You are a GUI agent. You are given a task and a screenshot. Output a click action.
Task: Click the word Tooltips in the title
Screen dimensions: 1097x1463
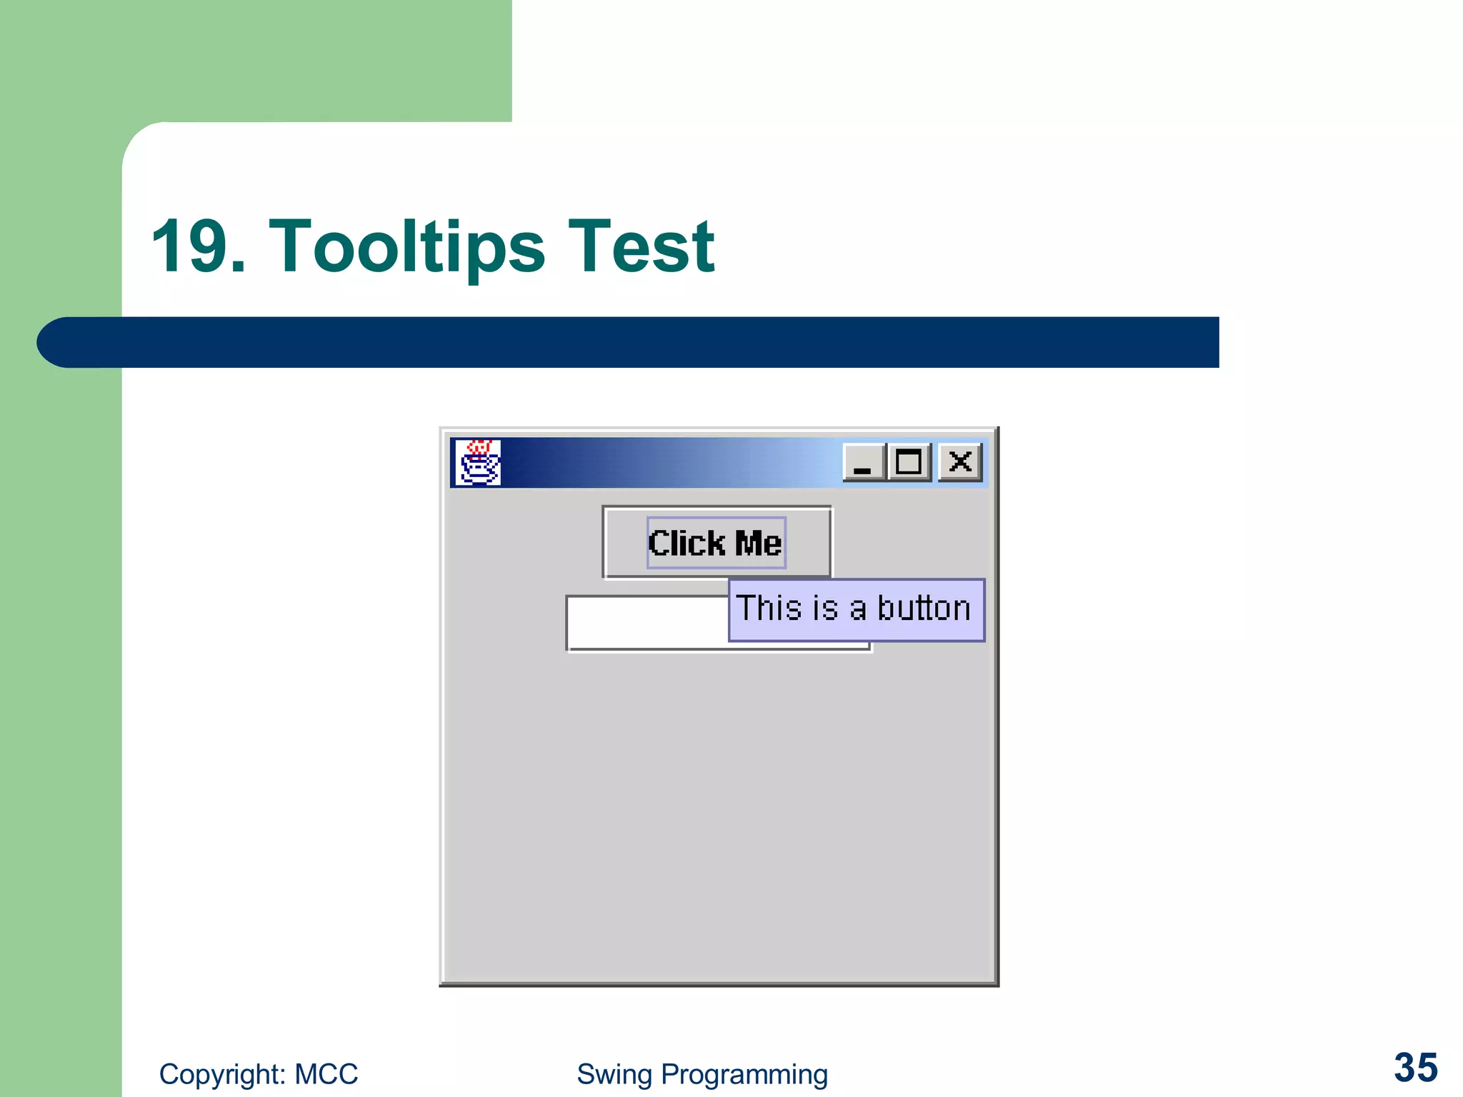click(406, 246)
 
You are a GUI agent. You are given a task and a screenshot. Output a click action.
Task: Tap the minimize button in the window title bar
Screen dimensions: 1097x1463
click(864, 463)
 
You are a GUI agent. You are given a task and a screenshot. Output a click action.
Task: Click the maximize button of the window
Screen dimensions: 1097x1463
click(909, 463)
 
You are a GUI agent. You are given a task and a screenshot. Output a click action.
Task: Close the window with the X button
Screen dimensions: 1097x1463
click(960, 463)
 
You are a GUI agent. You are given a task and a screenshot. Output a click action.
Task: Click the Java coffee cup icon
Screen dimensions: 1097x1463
click(478, 462)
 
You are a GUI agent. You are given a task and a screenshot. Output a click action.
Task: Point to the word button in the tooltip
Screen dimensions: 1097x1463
click(924, 608)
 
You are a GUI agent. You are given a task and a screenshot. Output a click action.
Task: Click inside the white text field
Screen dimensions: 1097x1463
click(643, 623)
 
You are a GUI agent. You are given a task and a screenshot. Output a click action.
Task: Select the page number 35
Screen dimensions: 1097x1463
click(1415, 1068)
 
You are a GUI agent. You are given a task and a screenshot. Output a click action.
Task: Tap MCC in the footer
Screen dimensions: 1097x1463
click(326, 1074)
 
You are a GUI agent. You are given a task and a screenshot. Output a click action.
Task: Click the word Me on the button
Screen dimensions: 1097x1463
click(758, 544)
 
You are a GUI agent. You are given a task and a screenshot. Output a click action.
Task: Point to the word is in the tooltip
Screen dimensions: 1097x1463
click(825, 608)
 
